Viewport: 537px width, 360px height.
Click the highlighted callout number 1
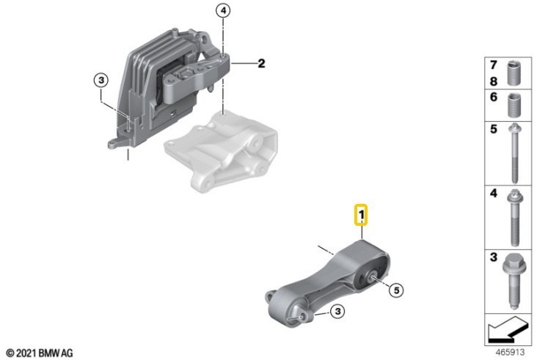click(362, 216)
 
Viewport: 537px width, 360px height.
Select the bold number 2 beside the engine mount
click(260, 64)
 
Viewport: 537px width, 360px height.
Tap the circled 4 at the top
click(224, 10)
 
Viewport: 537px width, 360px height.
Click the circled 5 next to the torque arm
click(396, 291)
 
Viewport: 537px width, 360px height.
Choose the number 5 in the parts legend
click(493, 130)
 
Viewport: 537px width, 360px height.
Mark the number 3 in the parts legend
click(493, 259)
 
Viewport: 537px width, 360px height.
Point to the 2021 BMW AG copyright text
click(40, 353)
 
